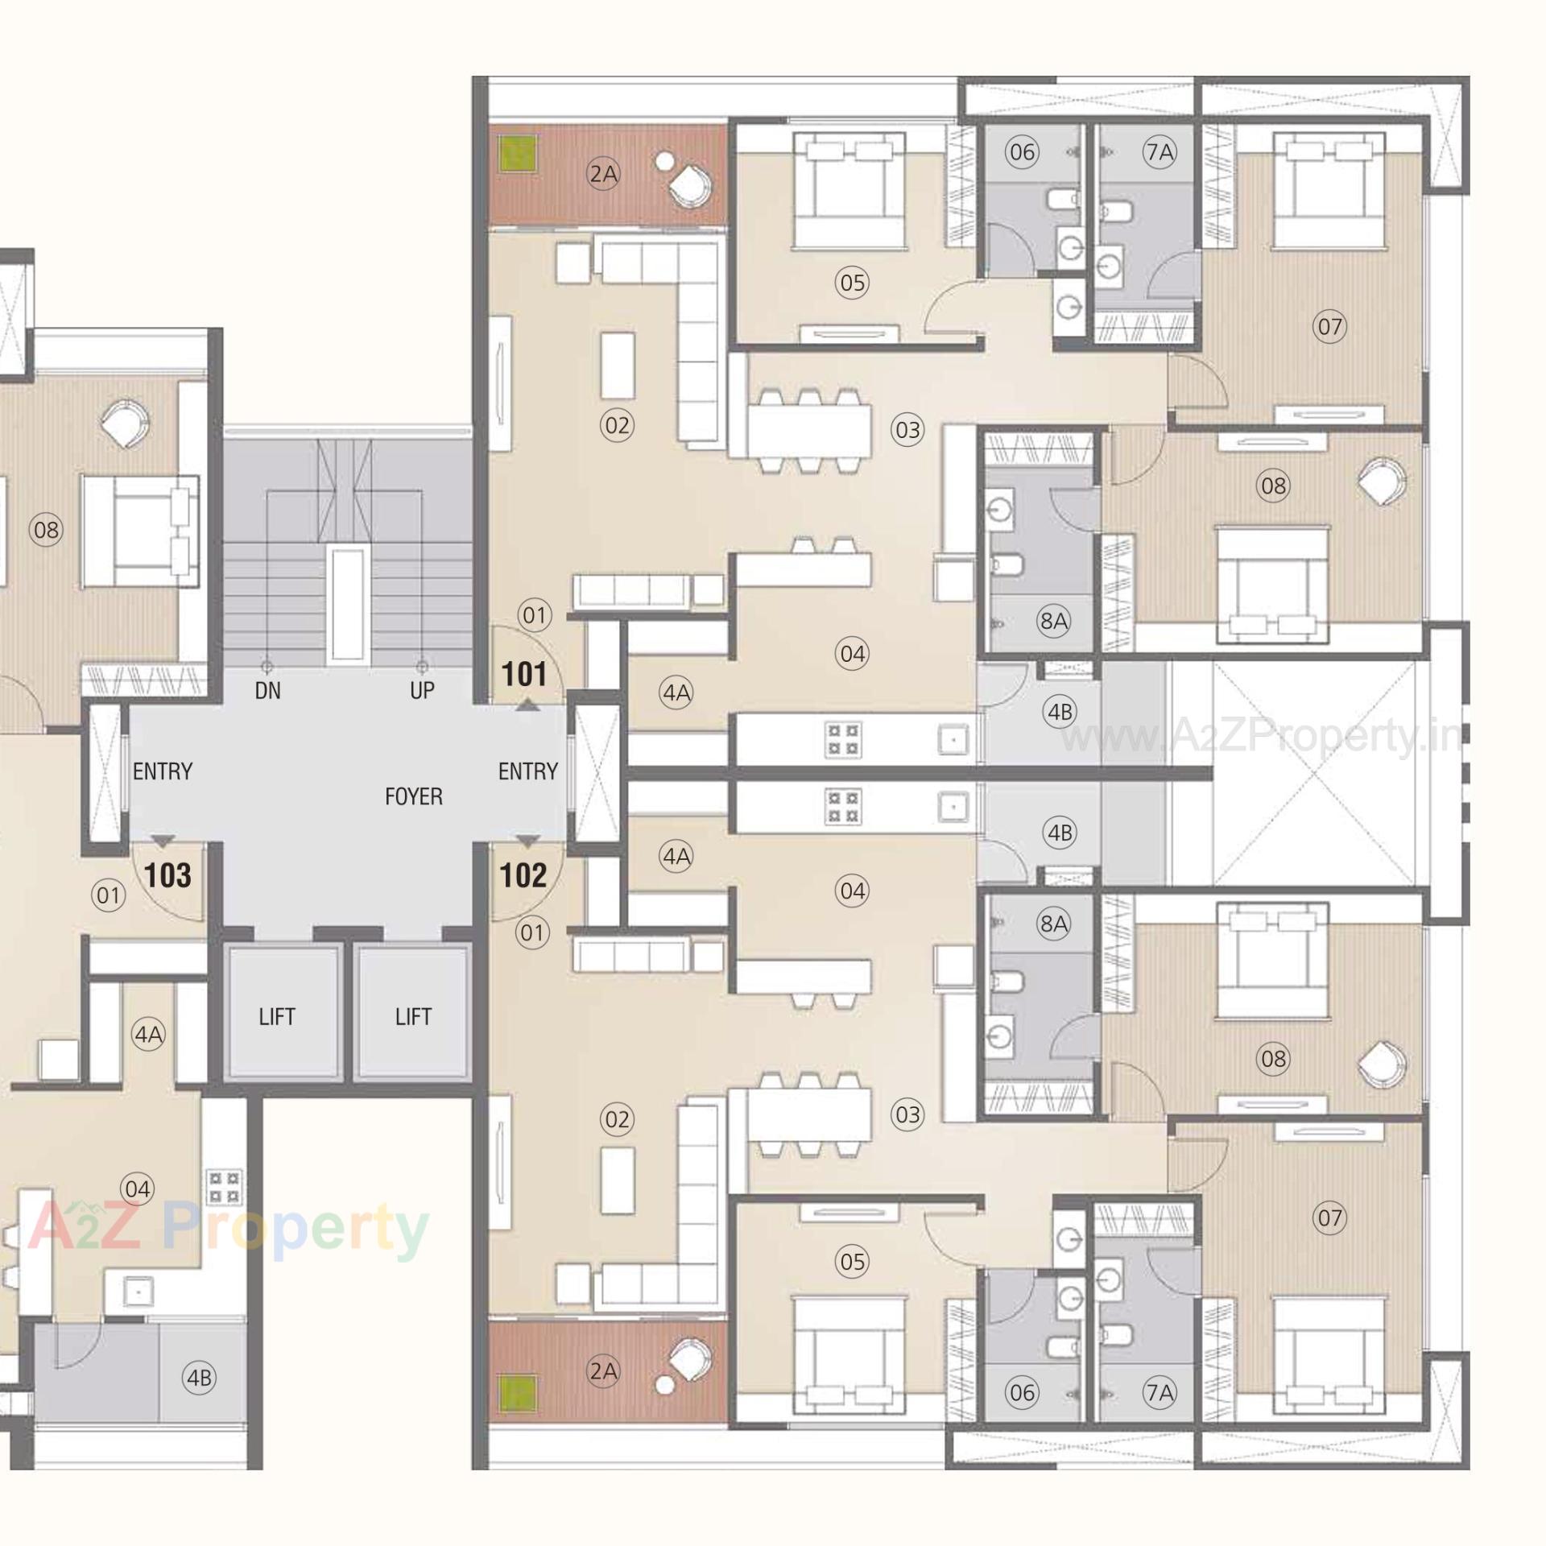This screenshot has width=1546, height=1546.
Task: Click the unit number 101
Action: pos(523,674)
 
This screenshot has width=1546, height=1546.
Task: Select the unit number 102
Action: pos(523,875)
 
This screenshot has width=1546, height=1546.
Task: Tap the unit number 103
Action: pos(167,875)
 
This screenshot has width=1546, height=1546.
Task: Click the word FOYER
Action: pos(413,796)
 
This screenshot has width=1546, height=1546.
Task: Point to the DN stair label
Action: pos(267,690)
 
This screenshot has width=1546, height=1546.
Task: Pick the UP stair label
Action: pos(421,690)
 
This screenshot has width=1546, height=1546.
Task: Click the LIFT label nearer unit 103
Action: pos(276,1016)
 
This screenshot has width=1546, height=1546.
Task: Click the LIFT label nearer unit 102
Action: pos(413,1016)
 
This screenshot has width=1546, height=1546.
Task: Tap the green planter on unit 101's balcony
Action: pos(517,152)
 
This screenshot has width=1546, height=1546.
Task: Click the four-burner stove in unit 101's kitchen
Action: pos(842,739)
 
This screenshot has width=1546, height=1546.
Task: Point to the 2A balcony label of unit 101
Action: pos(603,173)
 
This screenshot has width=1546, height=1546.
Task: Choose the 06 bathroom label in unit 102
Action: pos(1022,1391)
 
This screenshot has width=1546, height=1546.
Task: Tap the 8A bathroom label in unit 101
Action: pos(1053,620)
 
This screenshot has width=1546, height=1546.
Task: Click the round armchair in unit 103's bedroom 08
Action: pos(126,424)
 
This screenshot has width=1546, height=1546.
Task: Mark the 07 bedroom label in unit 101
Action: pos(1329,326)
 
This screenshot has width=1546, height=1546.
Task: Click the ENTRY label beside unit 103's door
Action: pos(163,771)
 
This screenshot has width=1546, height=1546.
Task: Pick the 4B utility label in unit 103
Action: pos(199,1378)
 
